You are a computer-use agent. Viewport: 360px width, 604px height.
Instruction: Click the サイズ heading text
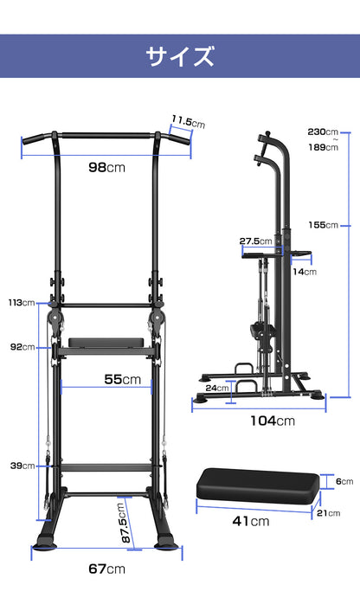[180, 56]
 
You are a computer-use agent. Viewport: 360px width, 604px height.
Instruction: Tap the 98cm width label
[107, 167]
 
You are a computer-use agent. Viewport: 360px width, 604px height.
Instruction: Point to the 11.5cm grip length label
[189, 122]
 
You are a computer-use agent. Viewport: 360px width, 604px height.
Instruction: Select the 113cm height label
[22, 303]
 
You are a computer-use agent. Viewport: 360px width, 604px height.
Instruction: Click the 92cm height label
[22, 347]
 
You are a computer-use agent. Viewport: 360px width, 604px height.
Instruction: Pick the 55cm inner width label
[122, 379]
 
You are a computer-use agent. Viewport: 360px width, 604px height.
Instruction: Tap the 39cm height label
[22, 466]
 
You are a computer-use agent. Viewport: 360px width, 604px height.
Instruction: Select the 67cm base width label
[107, 569]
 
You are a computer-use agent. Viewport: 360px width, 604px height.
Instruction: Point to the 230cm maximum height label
[323, 132]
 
